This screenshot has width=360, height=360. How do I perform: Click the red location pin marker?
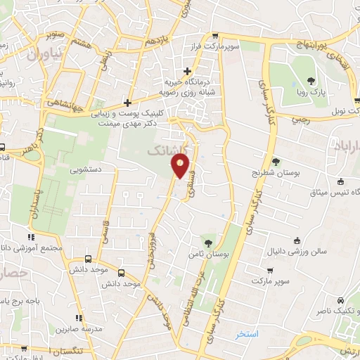coord(181,166)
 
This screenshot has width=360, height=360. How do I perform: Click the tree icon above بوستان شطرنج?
coord(276,161)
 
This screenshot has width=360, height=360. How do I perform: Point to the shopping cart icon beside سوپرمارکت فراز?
coord(214,36)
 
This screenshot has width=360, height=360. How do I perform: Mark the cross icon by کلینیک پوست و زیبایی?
coord(127,102)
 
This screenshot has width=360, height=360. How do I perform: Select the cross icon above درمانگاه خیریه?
coord(187,70)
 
